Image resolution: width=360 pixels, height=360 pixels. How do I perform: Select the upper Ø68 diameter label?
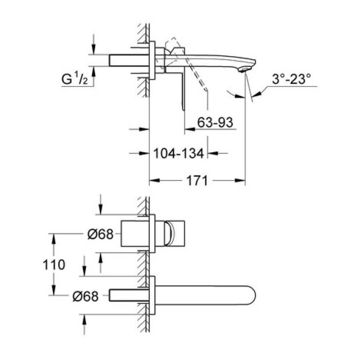[99, 233]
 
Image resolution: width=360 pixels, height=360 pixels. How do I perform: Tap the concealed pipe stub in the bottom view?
[129, 295]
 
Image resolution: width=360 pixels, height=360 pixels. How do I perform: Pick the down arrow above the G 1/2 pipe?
[93, 49]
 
